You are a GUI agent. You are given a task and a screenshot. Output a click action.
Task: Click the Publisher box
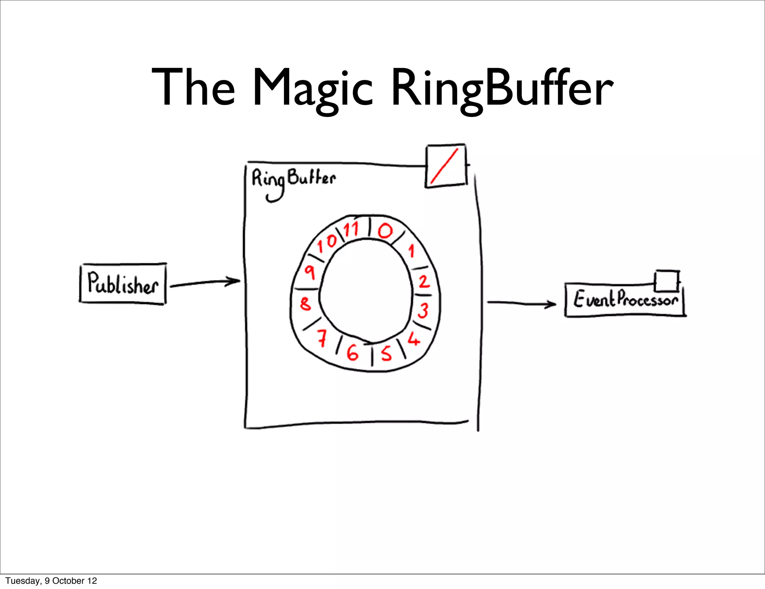tap(123, 284)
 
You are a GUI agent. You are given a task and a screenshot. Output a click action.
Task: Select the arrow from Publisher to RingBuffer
tap(205, 283)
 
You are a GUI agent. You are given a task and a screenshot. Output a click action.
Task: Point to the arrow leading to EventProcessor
tap(521, 303)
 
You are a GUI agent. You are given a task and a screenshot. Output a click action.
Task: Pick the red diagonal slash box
tap(446, 166)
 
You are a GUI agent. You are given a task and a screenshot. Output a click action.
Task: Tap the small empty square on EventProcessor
tap(667, 280)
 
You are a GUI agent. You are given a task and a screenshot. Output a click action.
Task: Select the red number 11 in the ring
tap(351, 229)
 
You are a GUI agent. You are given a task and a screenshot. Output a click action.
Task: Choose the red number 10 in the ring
tap(327, 243)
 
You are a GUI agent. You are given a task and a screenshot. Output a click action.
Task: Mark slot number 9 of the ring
tap(310, 272)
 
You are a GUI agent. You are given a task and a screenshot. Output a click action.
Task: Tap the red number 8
tap(305, 303)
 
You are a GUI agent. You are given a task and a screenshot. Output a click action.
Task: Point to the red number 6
tap(352, 352)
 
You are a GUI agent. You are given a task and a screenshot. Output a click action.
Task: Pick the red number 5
tap(386, 352)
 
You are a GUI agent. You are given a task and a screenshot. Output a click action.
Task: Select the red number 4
tap(414, 339)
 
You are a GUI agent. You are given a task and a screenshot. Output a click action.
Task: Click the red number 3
tap(423, 310)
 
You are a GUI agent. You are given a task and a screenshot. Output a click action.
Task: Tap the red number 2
tap(424, 281)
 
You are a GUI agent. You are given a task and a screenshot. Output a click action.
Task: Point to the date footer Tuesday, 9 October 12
tap(51, 580)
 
